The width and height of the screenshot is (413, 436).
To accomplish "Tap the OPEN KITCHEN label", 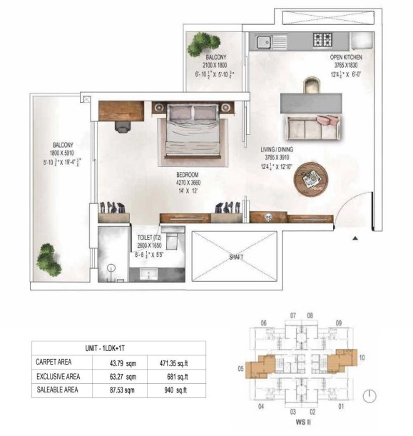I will pyautogui.click(x=346, y=56).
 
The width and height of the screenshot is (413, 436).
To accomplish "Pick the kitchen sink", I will pyautogui.click(x=263, y=41).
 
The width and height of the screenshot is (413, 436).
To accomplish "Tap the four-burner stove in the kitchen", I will pyautogui.click(x=323, y=40).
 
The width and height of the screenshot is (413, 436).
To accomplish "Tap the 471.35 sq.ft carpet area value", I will pyautogui.click(x=174, y=362).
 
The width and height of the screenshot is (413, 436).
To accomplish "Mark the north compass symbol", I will pyautogui.click(x=369, y=396).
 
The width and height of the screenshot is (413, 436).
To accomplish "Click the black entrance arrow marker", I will pyautogui.click(x=355, y=238).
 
